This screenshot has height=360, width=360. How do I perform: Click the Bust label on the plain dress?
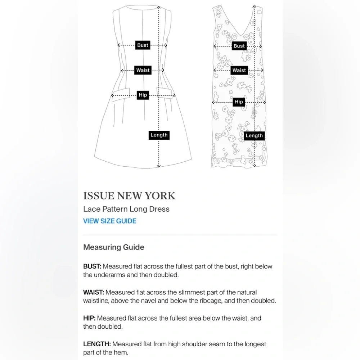pyautogui.click(x=143, y=45)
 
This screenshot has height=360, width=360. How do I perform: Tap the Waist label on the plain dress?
pyautogui.click(x=143, y=70)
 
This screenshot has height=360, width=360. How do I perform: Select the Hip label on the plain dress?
pyautogui.click(x=143, y=95)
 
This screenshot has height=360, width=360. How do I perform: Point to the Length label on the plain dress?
pyautogui.click(x=159, y=135)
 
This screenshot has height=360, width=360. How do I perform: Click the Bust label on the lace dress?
pyautogui.click(x=239, y=46)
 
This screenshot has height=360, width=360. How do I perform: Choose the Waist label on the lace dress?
pyautogui.click(x=239, y=70)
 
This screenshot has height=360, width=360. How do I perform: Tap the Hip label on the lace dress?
pyautogui.click(x=239, y=102)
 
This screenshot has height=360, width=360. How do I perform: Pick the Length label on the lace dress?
pyautogui.click(x=254, y=135)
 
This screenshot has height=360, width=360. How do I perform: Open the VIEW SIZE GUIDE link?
pyautogui.click(x=110, y=221)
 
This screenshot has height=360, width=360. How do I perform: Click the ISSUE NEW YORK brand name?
pyautogui.click(x=129, y=196)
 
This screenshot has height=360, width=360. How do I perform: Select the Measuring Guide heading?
pyautogui.click(x=114, y=247)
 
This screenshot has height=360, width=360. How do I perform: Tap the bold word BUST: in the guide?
pyautogui.click(x=92, y=266)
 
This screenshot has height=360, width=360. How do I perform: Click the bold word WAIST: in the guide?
pyautogui.click(x=94, y=292)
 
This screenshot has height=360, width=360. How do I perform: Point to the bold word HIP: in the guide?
pyautogui.click(x=89, y=318)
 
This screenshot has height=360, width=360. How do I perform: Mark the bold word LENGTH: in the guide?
pyautogui.click(x=97, y=344)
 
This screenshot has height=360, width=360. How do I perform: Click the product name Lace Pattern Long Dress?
pyautogui.click(x=126, y=209)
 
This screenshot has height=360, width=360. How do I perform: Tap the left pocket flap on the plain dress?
pyautogui.click(x=121, y=95)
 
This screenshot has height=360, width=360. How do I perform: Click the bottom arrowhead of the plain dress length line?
pyautogui.click(x=159, y=166)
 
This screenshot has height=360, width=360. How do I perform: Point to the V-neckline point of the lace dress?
pyautogui.click(x=240, y=36)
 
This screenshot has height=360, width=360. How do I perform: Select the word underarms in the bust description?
pyautogui.click(x=109, y=275)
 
